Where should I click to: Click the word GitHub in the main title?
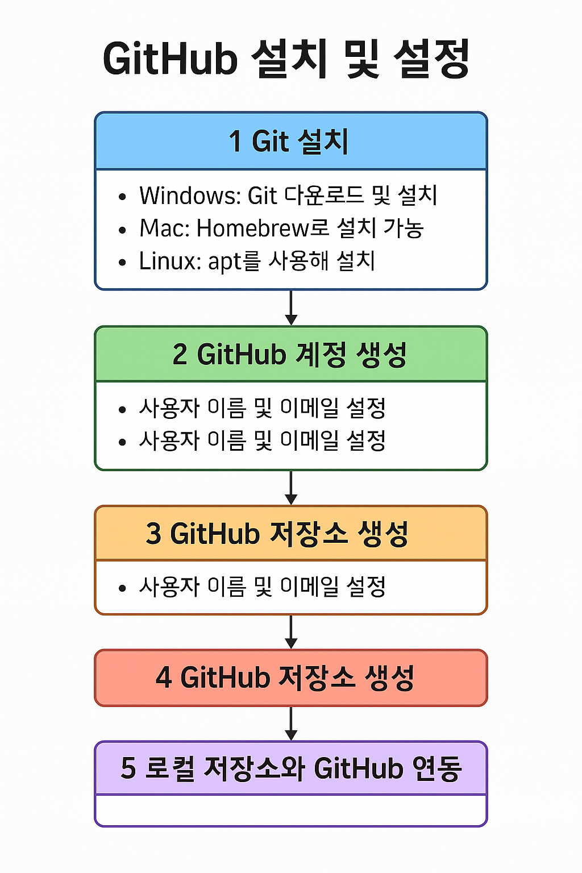coord(170,59)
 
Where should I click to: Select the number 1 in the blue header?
coord(235,142)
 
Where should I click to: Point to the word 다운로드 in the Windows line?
coord(323,196)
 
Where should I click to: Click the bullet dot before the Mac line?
coord(122,230)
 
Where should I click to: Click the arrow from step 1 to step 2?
coord(291,307)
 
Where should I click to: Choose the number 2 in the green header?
coord(180,355)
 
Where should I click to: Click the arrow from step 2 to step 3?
coord(291,488)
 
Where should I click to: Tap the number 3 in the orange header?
coord(153,534)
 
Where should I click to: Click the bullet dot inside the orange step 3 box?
coord(122,588)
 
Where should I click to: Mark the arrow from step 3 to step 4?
coord(291,631)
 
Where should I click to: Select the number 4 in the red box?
coord(164,677)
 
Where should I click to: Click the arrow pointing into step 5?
coord(291,724)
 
